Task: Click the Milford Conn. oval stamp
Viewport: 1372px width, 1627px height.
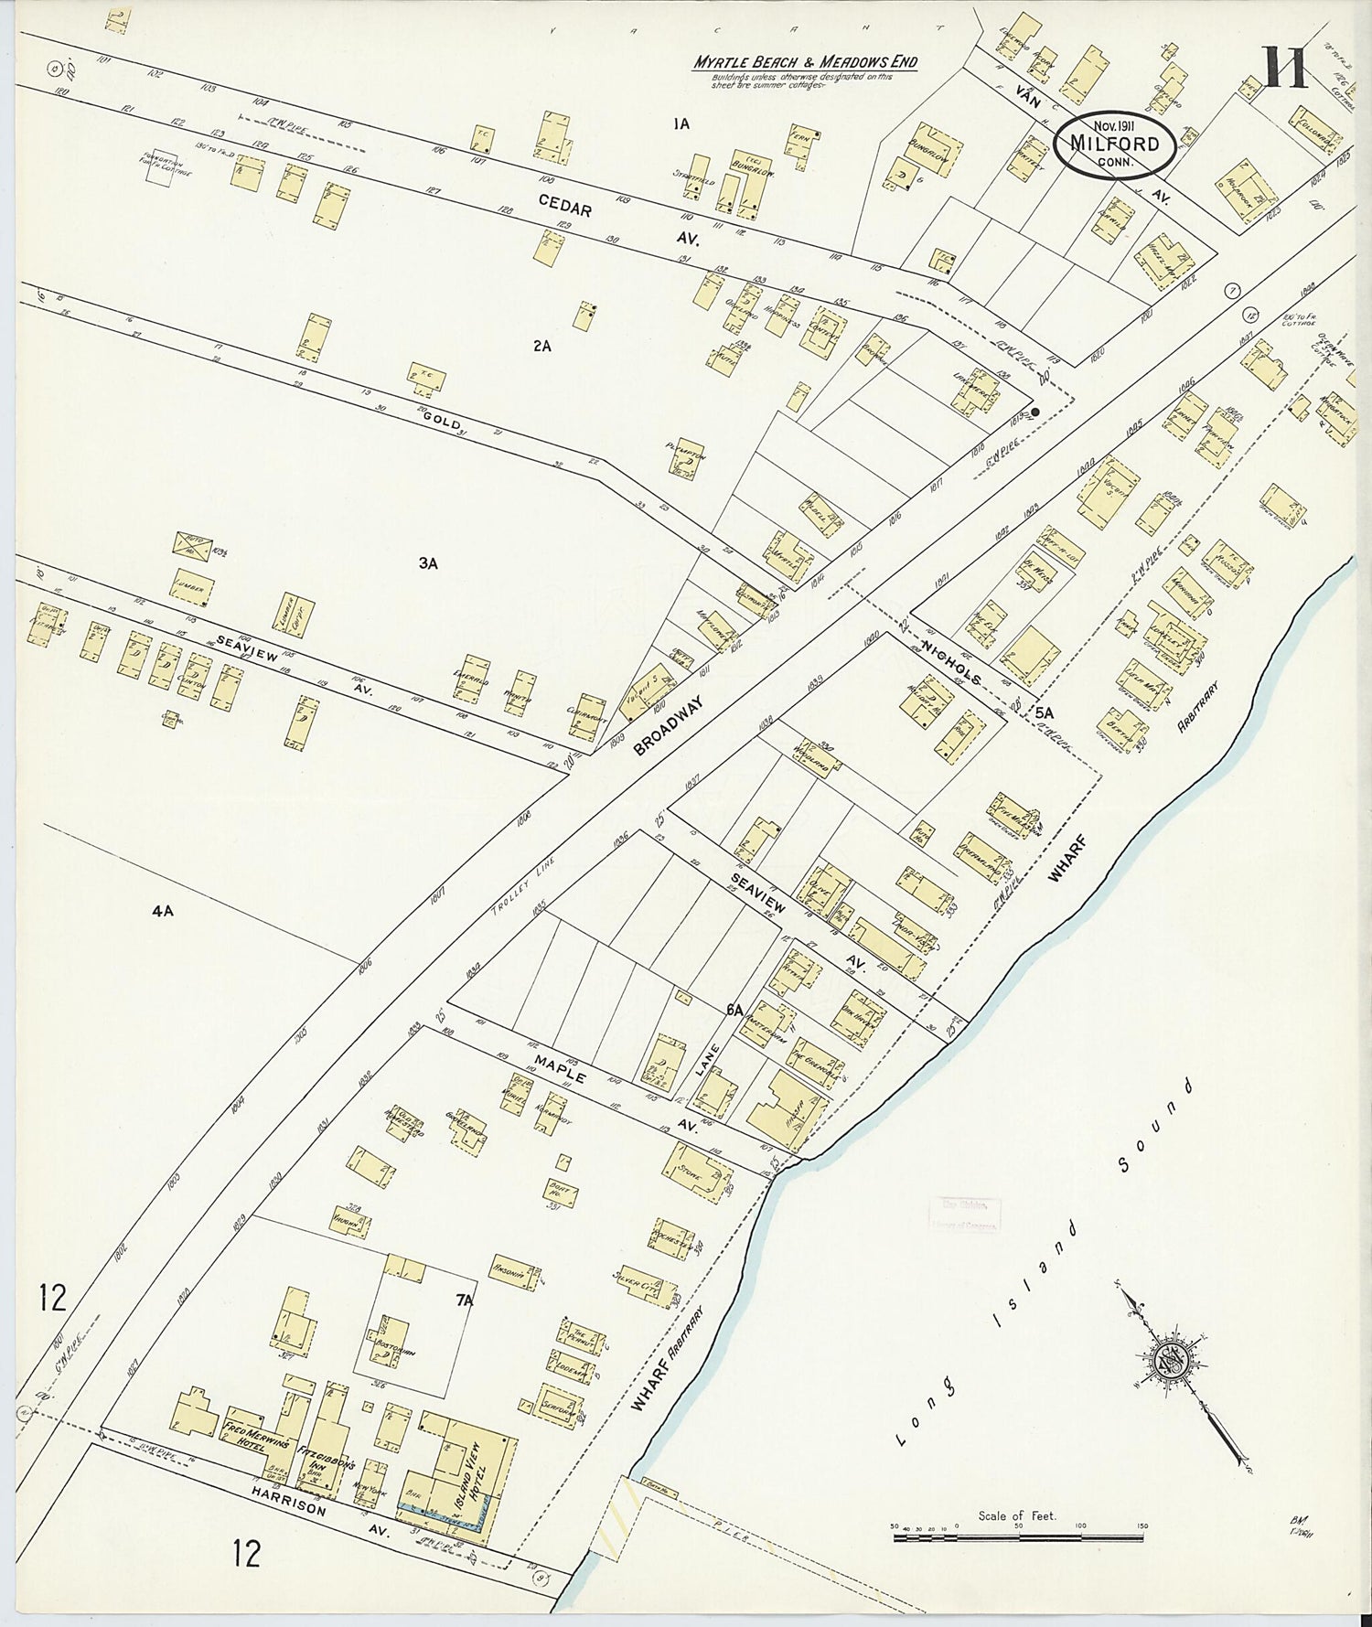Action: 1113,145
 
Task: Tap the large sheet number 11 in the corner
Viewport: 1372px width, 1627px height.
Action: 1285,67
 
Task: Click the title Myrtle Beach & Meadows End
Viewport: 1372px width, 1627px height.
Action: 804,62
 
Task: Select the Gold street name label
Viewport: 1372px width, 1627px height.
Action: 443,419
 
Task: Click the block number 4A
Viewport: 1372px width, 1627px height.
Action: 163,910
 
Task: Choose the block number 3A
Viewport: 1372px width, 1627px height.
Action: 428,563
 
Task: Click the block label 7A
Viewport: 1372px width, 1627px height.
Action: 465,1300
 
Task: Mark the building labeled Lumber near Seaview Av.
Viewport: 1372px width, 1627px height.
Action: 192,590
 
